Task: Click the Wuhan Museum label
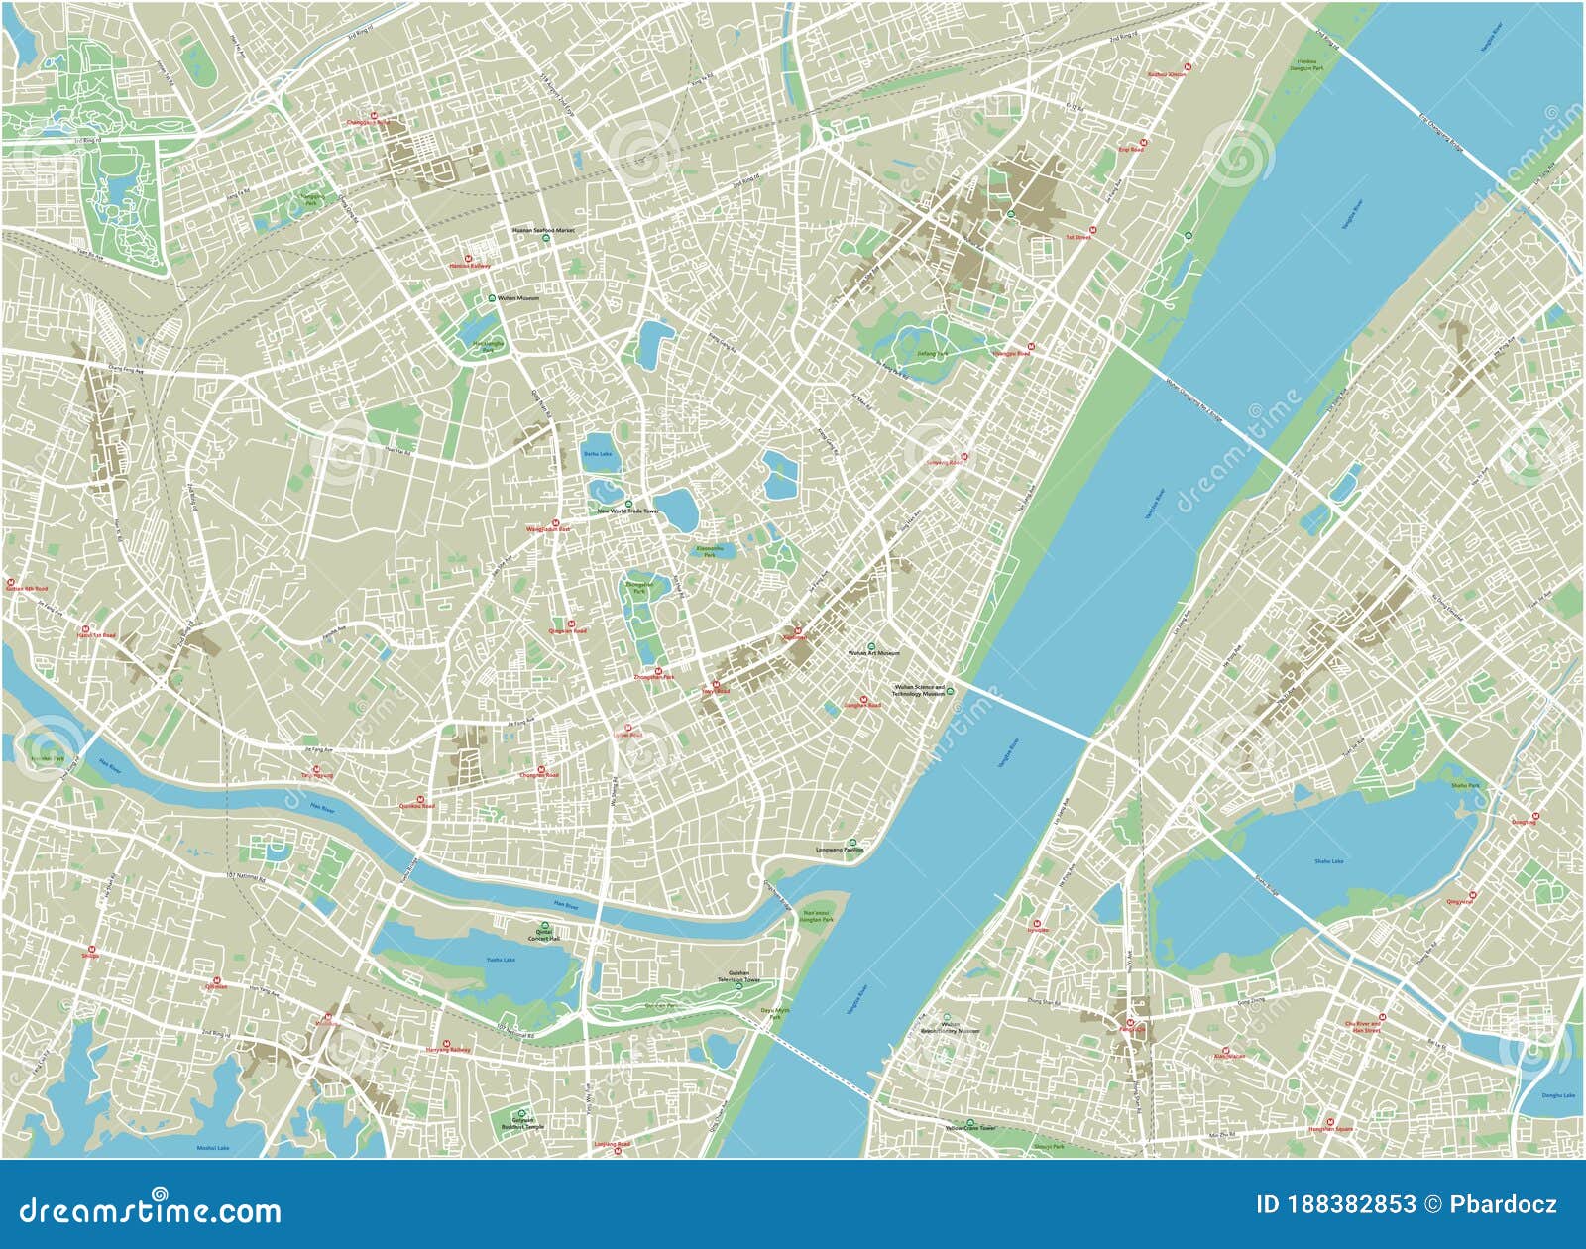[518, 298]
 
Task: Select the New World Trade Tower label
[627, 511]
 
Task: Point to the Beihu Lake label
[597, 454]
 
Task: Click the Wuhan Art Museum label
[873, 653]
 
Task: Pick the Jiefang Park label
[932, 353]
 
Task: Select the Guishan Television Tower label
[744, 976]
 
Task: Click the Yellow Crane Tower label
[970, 1128]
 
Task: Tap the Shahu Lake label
[1328, 861]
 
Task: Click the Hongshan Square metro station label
[1329, 1129]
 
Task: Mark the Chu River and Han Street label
[1365, 1027]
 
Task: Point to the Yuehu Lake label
[501, 960]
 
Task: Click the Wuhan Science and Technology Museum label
[919, 690]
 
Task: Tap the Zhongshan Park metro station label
[653, 677]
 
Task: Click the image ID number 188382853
[1350, 1204]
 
